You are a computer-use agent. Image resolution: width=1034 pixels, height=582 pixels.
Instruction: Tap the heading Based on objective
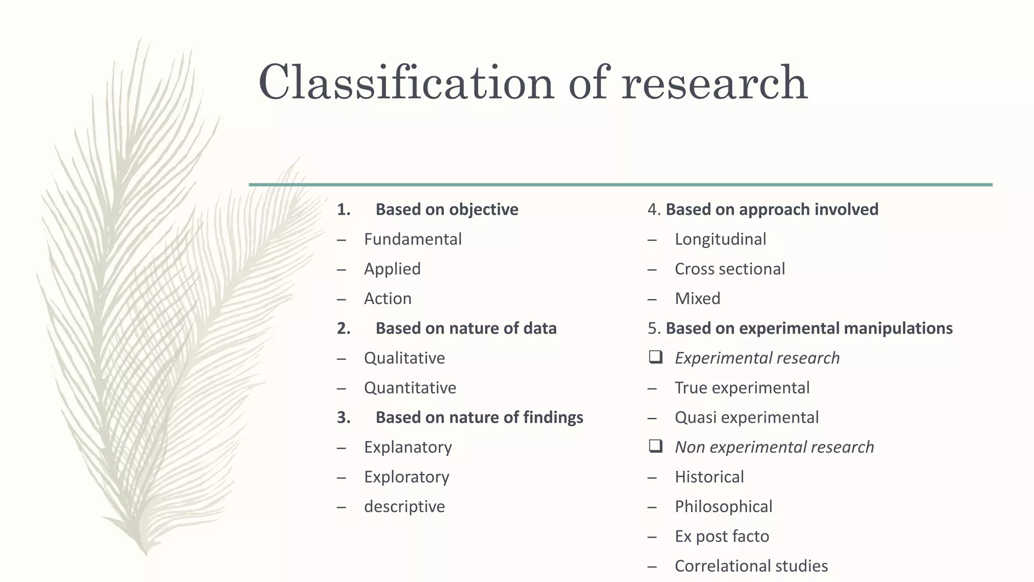pos(446,210)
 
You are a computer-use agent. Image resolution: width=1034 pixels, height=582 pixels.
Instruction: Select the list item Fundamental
pos(412,239)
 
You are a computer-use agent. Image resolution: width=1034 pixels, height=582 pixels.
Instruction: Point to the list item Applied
pos(392,269)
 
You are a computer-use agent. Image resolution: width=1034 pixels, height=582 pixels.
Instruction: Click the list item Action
pos(387,299)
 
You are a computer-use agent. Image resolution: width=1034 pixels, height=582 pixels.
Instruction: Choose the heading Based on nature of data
pos(466,328)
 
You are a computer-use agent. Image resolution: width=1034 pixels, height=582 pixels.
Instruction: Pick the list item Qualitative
pos(404,358)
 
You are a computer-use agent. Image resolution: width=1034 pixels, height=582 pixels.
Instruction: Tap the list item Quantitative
pos(410,388)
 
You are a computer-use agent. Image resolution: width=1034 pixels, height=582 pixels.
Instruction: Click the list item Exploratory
pos(406,477)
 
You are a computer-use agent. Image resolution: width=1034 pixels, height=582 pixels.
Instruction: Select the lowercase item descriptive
pos(404,507)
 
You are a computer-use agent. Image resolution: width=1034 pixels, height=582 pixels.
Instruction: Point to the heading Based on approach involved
pos(771,210)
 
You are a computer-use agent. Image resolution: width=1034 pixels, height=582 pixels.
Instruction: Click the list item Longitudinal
pos(720,239)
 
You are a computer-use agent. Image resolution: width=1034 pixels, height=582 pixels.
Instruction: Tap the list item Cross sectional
pos(730,269)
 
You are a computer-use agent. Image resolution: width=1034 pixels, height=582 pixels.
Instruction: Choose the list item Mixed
pos(697,299)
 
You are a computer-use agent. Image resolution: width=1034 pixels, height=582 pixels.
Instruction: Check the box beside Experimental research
pos(655,358)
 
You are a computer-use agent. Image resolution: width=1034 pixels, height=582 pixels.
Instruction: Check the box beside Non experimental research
pos(655,447)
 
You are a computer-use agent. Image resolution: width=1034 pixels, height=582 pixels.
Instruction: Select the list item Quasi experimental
pos(747,418)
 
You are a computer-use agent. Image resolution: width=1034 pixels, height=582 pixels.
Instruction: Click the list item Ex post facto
pos(721,537)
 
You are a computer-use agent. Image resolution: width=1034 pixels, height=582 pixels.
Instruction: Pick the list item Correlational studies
pos(751,566)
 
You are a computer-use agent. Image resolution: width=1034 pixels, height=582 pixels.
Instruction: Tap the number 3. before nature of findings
pos(343,418)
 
